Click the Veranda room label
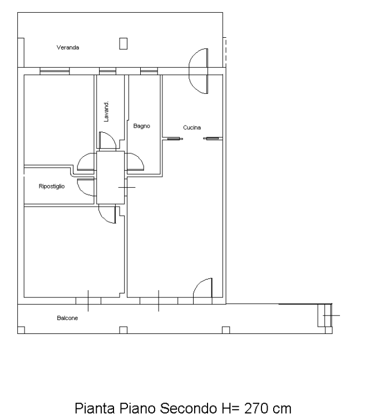tap(68, 48)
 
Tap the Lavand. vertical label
tap(106, 112)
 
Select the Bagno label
tap(141, 126)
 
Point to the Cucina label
tap(192, 127)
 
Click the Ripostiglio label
tap(52, 186)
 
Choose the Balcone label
tap(67, 318)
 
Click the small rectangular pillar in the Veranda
tap(123, 43)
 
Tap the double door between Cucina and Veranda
tap(199, 71)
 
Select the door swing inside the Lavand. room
tap(107, 140)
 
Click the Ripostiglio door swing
tap(86, 187)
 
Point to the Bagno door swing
tap(135, 162)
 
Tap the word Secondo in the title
tap(188, 408)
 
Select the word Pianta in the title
tap(95, 408)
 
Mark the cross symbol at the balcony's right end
tap(331, 315)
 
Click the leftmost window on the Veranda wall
tap(55, 71)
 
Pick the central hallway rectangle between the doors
tap(111, 178)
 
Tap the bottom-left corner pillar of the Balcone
tap(21, 330)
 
